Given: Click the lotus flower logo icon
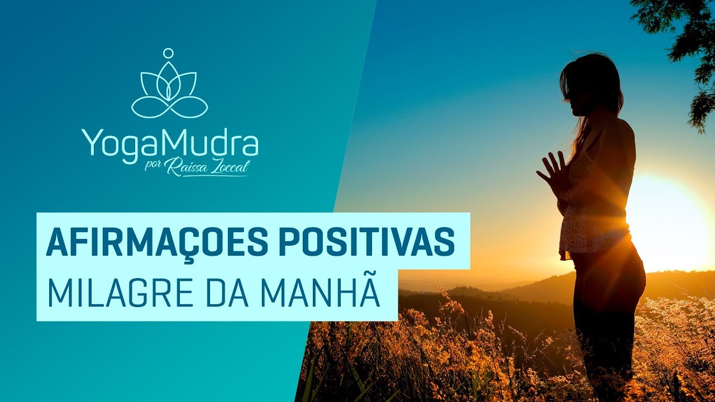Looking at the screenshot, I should [x=169, y=89].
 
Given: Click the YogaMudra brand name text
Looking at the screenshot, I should [x=170, y=142].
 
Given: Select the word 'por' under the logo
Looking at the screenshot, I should [x=153, y=167].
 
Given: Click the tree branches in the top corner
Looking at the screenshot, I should [x=684, y=39].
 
